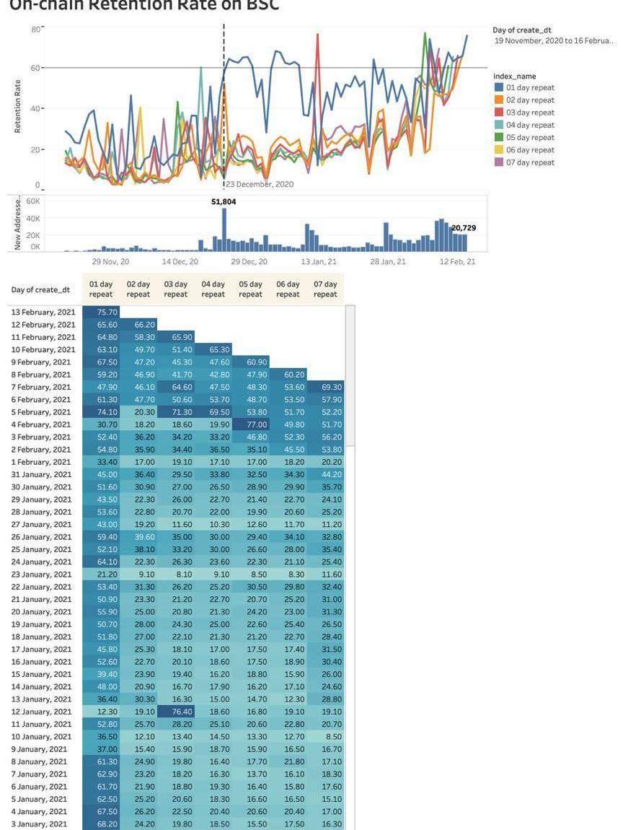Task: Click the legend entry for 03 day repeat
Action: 530,113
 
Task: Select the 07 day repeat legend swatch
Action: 498,162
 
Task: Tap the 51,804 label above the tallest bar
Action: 224,202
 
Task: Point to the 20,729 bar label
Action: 464,228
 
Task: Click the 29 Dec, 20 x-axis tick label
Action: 249,261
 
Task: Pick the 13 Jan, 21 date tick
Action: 319,261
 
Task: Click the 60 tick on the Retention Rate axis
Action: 35,68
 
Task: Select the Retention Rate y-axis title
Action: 18,106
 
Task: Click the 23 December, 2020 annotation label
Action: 260,185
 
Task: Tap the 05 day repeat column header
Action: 250,289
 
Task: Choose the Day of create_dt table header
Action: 40,290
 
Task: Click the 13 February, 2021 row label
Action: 43,313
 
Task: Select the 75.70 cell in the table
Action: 101,313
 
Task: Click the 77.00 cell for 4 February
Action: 250,424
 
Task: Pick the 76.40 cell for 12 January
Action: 176,712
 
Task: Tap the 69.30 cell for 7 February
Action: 325,387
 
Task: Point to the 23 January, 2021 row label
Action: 42,575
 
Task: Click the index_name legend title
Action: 514,76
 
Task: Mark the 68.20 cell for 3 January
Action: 101,824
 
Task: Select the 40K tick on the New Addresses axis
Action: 33,219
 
